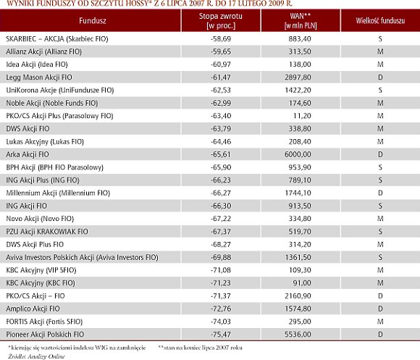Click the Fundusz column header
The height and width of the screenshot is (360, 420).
pyautogui.click(x=93, y=20)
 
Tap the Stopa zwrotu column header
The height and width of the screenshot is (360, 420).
pyautogui.click(x=221, y=20)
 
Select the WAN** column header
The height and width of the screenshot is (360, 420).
pyautogui.click(x=301, y=20)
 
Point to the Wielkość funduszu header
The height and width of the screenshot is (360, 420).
pyautogui.click(x=380, y=20)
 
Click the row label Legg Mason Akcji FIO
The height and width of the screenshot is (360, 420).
pyautogui.click(x=39, y=78)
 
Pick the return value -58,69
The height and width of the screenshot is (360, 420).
pyautogui.click(x=221, y=39)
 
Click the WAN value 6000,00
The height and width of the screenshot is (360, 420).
pyautogui.click(x=298, y=154)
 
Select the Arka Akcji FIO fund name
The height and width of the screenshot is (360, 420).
pyautogui.click(x=28, y=154)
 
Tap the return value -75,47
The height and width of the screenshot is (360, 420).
pyautogui.click(x=221, y=335)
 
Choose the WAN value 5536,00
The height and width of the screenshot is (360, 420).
pyautogui.click(x=298, y=335)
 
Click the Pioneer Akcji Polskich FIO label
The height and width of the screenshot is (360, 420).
pyautogui.click(x=45, y=335)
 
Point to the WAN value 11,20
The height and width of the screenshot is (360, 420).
pyautogui.click(x=302, y=116)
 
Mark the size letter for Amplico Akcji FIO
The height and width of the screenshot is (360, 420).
pyautogui.click(x=380, y=309)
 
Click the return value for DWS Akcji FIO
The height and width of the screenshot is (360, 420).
pyautogui.click(x=221, y=129)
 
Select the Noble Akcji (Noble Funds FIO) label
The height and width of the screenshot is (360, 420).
pyautogui.click(x=52, y=103)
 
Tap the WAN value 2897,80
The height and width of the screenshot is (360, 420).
pyautogui.click(x=298, y=78)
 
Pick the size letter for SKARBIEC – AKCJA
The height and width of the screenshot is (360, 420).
pyautogui.click(x=380, y=39)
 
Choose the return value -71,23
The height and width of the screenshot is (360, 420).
pyautogui.click(x=221, y=283)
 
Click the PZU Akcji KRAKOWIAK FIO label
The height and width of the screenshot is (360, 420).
pyautogui.click(x=47, y=232)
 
